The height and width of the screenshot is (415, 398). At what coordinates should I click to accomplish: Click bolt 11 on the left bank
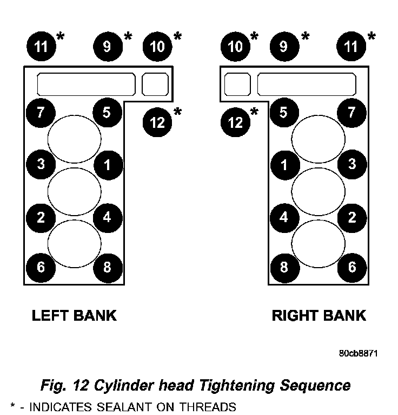pos(41,46)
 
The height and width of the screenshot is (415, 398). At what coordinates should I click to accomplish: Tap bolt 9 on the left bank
pos(107,46)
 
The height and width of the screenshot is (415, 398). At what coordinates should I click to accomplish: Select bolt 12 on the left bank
pos(157,122)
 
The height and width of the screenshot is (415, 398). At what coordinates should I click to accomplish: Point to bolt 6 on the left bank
pos(41,267)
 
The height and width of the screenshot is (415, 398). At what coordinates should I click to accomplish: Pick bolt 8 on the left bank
pos(107,267)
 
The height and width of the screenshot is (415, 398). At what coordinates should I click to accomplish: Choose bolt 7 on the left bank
pos(41,113)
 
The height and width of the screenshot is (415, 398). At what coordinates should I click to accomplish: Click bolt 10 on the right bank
pos(235,46)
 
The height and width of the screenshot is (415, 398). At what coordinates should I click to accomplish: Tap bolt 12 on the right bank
pos(235,122)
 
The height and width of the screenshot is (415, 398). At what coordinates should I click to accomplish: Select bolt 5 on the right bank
pos(283,113)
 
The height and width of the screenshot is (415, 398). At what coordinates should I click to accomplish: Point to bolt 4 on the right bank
pos(283,217)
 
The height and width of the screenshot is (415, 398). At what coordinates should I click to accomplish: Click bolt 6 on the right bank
pos(351,267)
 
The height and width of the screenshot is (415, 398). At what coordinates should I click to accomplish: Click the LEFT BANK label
pos(74,315)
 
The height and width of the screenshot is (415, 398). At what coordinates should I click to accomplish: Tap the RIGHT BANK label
pos(319,315)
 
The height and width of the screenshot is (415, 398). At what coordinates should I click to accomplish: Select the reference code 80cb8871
pos(357,353)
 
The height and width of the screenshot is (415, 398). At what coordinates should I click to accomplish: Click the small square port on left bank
pos(155,84)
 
